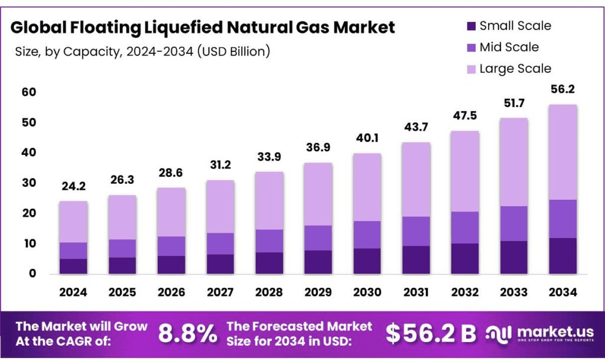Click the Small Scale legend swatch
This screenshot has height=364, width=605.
coord(471,26)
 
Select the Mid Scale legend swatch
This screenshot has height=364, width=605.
coord(471,47)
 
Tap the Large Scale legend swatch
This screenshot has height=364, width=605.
coord(471,69)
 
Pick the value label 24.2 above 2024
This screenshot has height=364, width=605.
coord(73,186)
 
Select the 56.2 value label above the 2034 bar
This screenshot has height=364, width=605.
coord(562,89)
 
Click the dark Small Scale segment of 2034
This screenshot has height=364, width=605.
coord(562,256)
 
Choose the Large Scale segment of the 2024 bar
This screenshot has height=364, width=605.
coord(73,222)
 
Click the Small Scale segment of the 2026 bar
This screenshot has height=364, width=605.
coord(171,265)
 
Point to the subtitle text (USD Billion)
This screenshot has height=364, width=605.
coord(235,51)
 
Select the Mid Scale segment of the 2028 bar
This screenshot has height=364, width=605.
coord(269,241)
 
